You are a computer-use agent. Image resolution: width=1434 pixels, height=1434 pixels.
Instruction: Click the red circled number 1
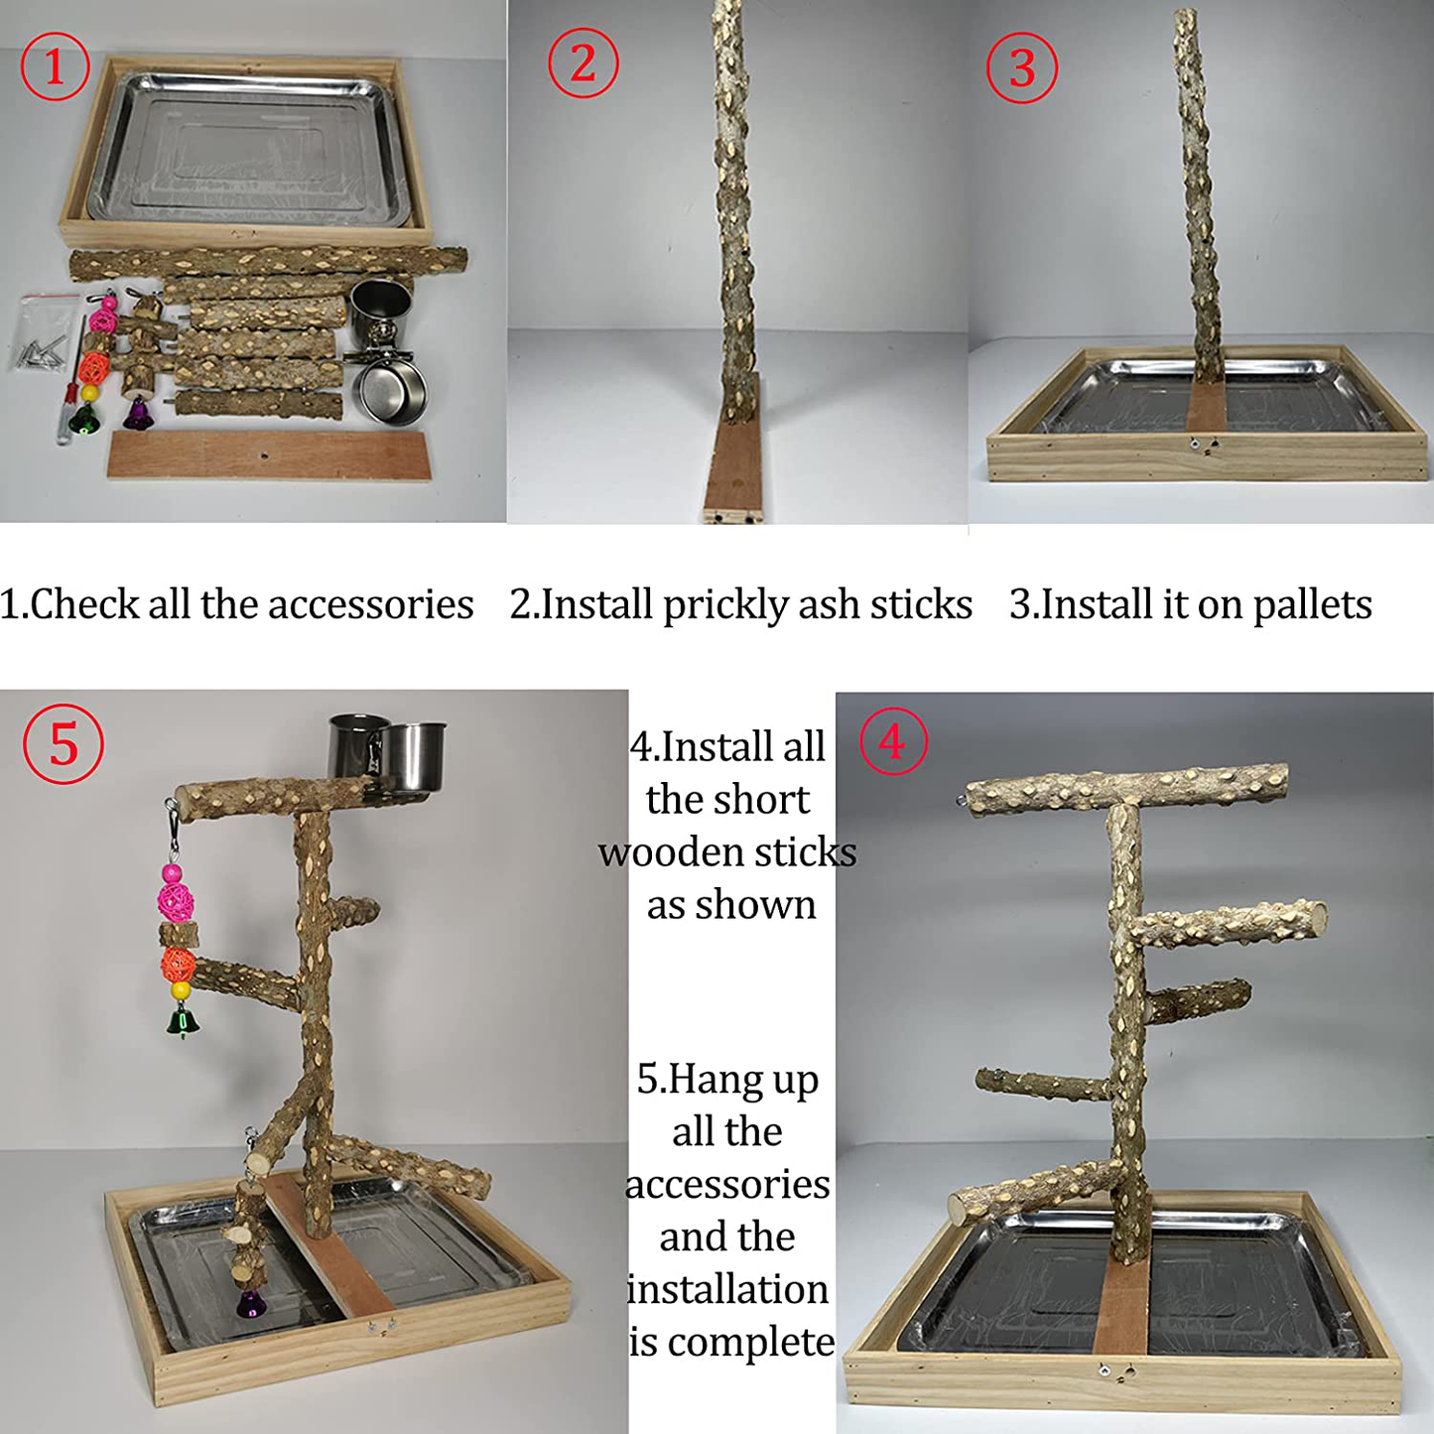pyautogui.click(x=55, y=66)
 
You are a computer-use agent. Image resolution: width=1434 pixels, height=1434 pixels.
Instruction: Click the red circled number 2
pyautogui.click(x=584, y=64)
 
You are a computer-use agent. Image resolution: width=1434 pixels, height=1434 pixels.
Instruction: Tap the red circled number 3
pyautogui.click(x=1021, y=67)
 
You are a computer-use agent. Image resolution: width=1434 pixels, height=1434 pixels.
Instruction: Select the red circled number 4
pyautogui.click(x=893, y=741)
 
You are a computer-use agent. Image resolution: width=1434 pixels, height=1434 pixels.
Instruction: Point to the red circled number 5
pyautogui.click(x=64, y=743)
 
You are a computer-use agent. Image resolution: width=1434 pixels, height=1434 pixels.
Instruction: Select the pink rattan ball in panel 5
pyautogui.click(x=176, y=902)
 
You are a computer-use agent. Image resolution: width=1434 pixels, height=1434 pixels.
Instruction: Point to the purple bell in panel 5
pyautogui.click(x=251, y=1303)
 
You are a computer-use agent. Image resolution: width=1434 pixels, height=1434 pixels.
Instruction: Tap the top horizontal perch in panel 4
pyautogui.click(x=1126, y=788)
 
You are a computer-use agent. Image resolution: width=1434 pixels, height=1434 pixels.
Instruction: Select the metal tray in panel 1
pyautogui.click(x=248, y=149)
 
